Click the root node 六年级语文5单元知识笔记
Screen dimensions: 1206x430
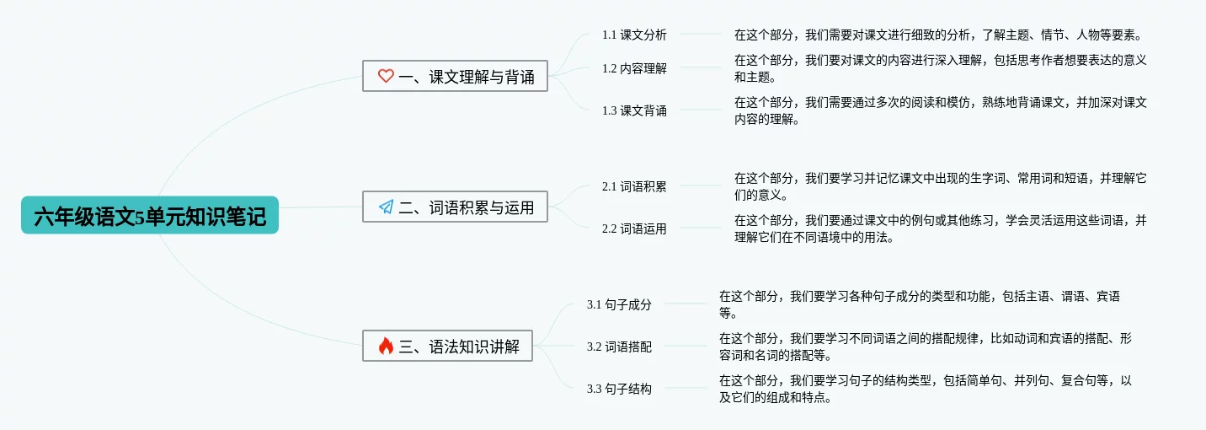(149, 216)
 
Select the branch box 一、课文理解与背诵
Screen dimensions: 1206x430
(455, 76)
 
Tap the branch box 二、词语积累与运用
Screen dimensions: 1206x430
(455, 207)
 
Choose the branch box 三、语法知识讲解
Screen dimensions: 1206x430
(447, 346)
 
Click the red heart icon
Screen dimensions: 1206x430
(386, 76)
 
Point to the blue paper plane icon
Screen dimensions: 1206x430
(386, 207)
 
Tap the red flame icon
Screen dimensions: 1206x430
(386, 346)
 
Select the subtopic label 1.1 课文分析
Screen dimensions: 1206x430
(634, 35)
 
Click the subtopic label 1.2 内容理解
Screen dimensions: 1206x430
(634, 68)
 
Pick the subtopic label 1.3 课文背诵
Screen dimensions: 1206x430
(634, 110)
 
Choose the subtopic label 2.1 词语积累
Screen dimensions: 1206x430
(634, 186)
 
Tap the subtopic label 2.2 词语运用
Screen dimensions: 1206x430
(634, 228)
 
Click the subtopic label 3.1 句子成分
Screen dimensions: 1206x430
(619, 304)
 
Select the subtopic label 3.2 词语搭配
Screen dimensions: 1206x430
(619, 347)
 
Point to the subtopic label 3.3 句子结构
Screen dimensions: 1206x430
(619, 389)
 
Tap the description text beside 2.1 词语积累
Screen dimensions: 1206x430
(940, 186)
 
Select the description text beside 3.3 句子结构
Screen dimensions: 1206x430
(925, 389)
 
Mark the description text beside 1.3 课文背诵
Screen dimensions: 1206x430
(940, 110)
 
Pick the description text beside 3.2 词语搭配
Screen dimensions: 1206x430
(925, 347)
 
